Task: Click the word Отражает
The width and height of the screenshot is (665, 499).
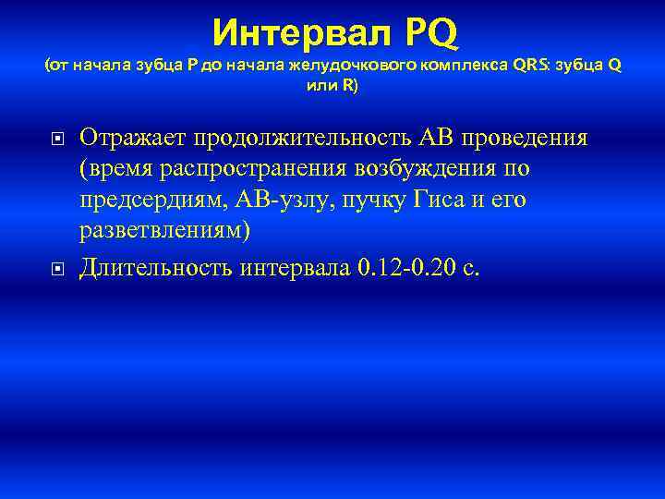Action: [133, 138]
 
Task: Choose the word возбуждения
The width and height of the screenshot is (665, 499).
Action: [445, 169]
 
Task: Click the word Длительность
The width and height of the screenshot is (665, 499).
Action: [156, 267]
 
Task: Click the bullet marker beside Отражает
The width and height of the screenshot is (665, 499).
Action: [57, 140]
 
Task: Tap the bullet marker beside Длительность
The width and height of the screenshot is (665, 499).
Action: [57, 269]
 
